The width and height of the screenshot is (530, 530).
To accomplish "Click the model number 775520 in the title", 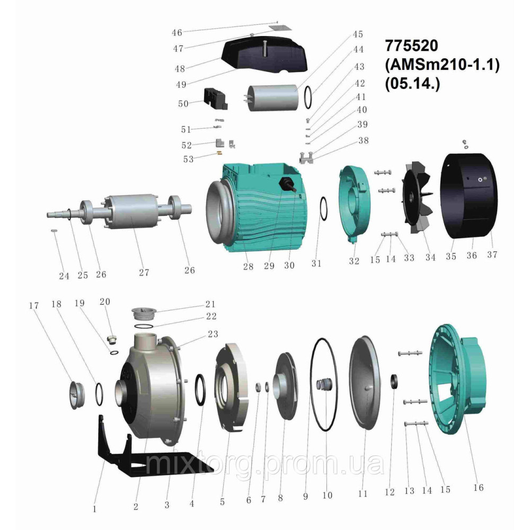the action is pos(411,46).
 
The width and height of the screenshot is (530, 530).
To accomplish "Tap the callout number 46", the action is pos(177,33).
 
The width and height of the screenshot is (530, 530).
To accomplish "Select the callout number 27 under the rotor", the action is pos(144,272).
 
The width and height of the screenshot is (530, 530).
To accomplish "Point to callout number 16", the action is pos(478,487).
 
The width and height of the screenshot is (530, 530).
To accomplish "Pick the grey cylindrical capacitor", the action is pos(272,98).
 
